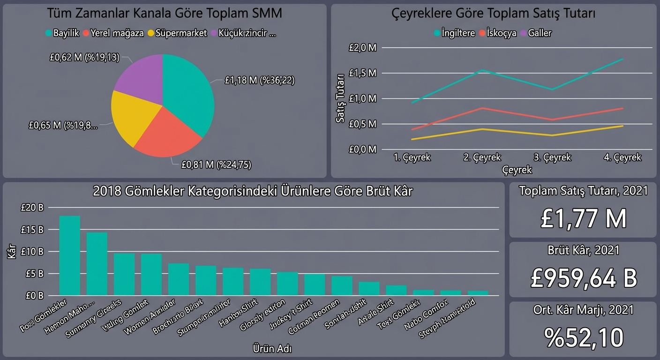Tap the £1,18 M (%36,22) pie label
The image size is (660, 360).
pyautogui.click(x=259, y=81)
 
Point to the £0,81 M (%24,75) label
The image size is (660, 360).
pyautogui.click(x=216, y=165)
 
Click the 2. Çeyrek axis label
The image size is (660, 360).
pyautogui.click(x=482, y=157)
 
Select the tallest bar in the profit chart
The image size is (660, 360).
pyautogui.click(x=69, y=255)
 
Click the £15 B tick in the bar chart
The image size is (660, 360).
pyautogui.click(x=32, y=230)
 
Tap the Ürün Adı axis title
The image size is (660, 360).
pyautogui.click(x=273, y=348)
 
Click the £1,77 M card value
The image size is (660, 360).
pyautogui.click(x=583, y=219)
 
